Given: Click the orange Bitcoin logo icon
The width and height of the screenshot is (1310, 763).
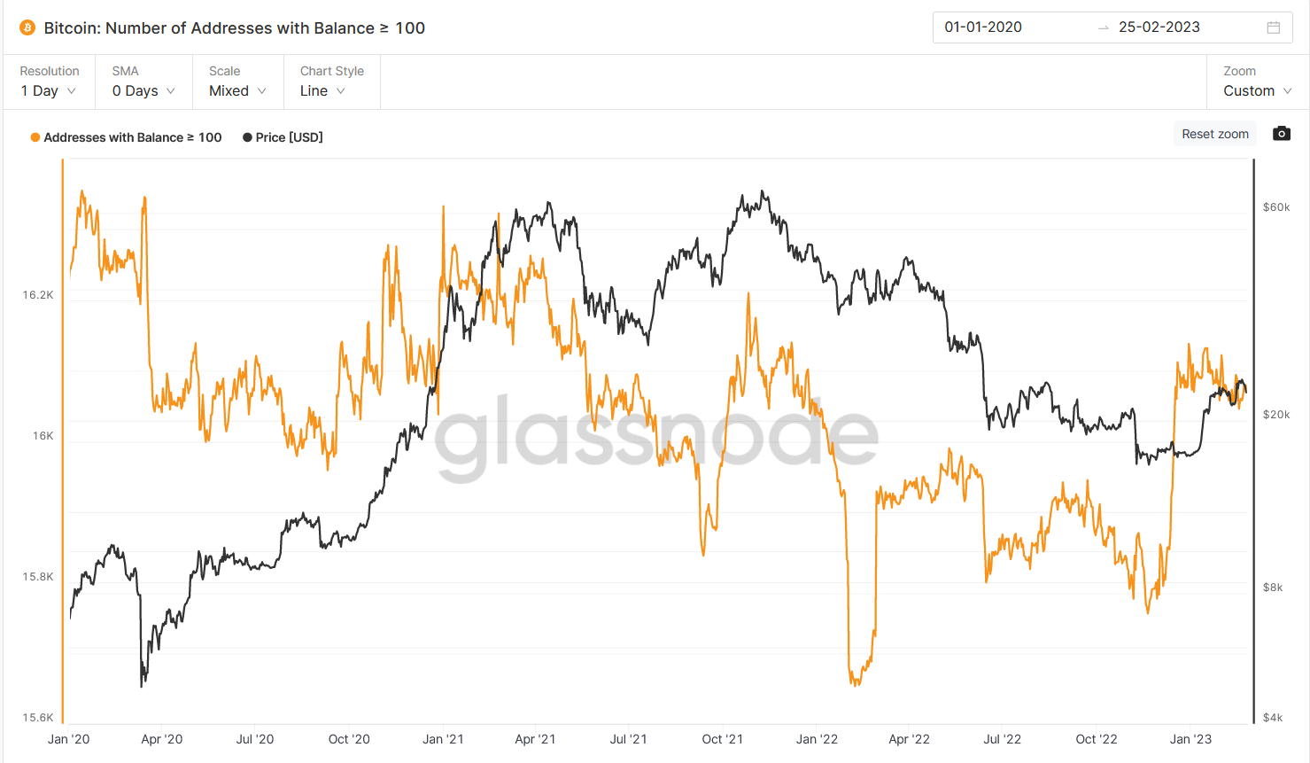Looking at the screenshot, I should [x=27, y=28].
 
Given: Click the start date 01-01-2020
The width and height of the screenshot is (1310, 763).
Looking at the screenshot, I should [x=983, y=27].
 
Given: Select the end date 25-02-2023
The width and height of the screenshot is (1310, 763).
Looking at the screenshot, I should [x=1159, y=27].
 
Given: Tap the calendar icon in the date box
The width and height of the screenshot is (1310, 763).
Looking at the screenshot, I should [x=1274, y=27].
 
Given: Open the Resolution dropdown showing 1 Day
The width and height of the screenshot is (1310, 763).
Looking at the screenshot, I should [x=49, y=90].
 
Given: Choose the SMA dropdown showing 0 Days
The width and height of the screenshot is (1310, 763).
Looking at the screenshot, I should [x=143, y=90].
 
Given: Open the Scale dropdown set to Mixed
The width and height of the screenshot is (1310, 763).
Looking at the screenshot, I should [x=237, y=90].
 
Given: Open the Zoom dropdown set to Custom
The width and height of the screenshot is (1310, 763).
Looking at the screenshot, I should [x=1257, y=90].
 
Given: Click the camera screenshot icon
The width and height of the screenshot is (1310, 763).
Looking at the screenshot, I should [x=1281, y=134].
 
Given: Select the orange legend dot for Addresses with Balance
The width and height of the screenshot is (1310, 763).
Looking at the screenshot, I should [x=35, y=137].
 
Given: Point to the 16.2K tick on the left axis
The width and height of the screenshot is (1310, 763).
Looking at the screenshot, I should [x=38, y=295].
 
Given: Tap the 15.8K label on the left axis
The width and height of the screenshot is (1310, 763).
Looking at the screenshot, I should [x=38, y=577].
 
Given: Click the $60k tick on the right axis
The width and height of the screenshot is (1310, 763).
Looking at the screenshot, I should [x=1276, y=207].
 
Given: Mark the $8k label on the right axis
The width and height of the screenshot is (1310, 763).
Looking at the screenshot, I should [x=1273, y=588].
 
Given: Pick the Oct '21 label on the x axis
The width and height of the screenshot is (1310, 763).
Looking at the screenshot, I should [x=722, y=739].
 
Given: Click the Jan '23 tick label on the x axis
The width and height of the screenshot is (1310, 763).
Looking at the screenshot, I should [x=1190, y=739].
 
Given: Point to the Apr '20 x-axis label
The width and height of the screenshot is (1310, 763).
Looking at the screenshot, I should [x=162, y=739].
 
